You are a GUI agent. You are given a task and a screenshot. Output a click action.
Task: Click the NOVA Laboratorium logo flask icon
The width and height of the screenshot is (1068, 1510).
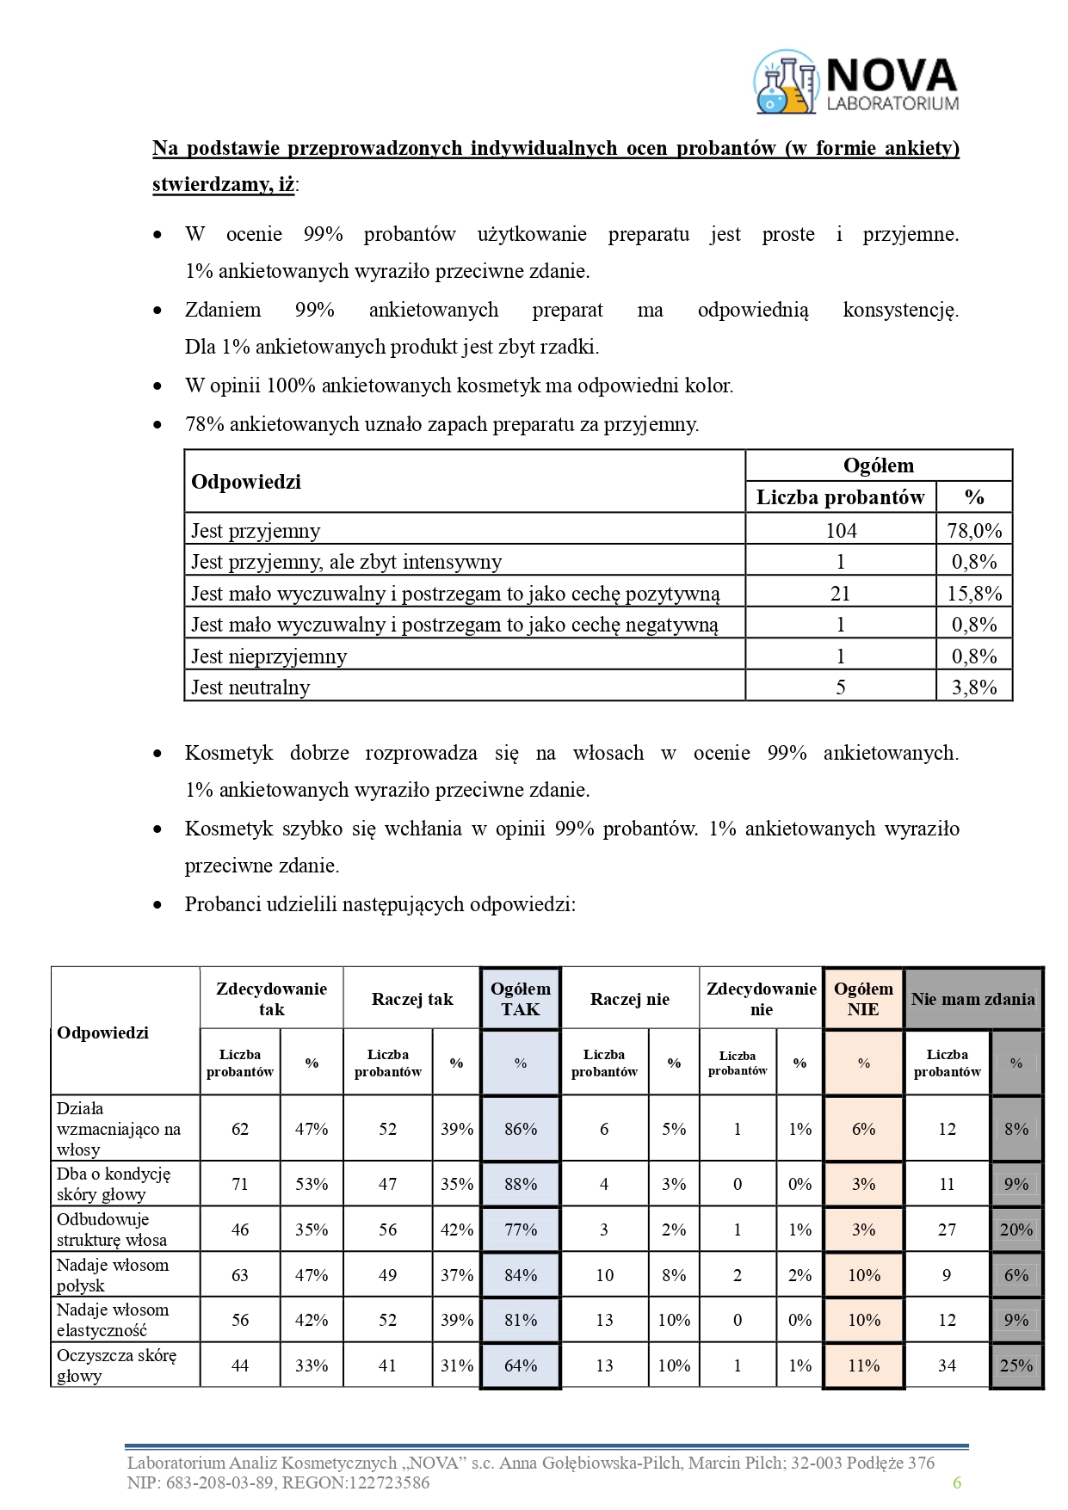(x=785, y=82)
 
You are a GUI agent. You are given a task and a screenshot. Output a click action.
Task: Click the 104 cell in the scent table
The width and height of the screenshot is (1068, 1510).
(x=841, y=530)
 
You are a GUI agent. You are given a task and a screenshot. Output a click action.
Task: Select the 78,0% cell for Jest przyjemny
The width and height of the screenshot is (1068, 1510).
(x=974, y=530)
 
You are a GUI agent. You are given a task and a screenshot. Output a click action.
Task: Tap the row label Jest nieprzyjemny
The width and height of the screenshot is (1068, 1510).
(x=269, y=656)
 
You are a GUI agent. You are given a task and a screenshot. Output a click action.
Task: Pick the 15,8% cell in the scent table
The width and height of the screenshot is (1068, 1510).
(x=974, y=594)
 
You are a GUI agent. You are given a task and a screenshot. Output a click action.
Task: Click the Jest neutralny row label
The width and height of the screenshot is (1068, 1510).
(x=250, y=687)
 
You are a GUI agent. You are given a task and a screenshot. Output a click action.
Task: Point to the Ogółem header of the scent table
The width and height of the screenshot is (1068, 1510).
(x=878, y=465)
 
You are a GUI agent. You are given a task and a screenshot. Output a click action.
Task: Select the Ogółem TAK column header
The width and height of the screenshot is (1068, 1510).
(x=521, y=999)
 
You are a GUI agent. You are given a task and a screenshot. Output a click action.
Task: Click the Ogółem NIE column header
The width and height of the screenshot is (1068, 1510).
(x=863, y=999)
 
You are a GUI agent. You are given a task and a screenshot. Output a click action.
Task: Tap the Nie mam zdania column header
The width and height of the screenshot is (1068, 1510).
(x=972, y=999)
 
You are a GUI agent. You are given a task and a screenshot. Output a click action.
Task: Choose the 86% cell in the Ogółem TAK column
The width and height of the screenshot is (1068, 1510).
(x=521, y=1129)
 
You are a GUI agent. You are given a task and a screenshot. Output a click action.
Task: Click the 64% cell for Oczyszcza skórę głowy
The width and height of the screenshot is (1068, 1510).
(x=521, y=1365)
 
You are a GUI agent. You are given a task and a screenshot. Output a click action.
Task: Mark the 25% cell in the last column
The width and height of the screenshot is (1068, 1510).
(x=1016, y=1365)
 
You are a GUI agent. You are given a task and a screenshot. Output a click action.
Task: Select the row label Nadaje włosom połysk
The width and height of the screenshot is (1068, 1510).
(x=113, y=1275)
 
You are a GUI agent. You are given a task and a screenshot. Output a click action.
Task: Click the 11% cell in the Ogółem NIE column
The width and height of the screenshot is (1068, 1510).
(x=863, y=1365)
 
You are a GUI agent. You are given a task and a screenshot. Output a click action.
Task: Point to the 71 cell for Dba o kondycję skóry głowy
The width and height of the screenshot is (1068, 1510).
(x=240, y=1184)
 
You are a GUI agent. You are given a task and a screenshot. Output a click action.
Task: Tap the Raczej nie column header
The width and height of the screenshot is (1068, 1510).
(x=629, y=999)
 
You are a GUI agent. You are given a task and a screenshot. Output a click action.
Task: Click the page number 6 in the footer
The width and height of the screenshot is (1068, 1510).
(x=956, y=1482)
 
